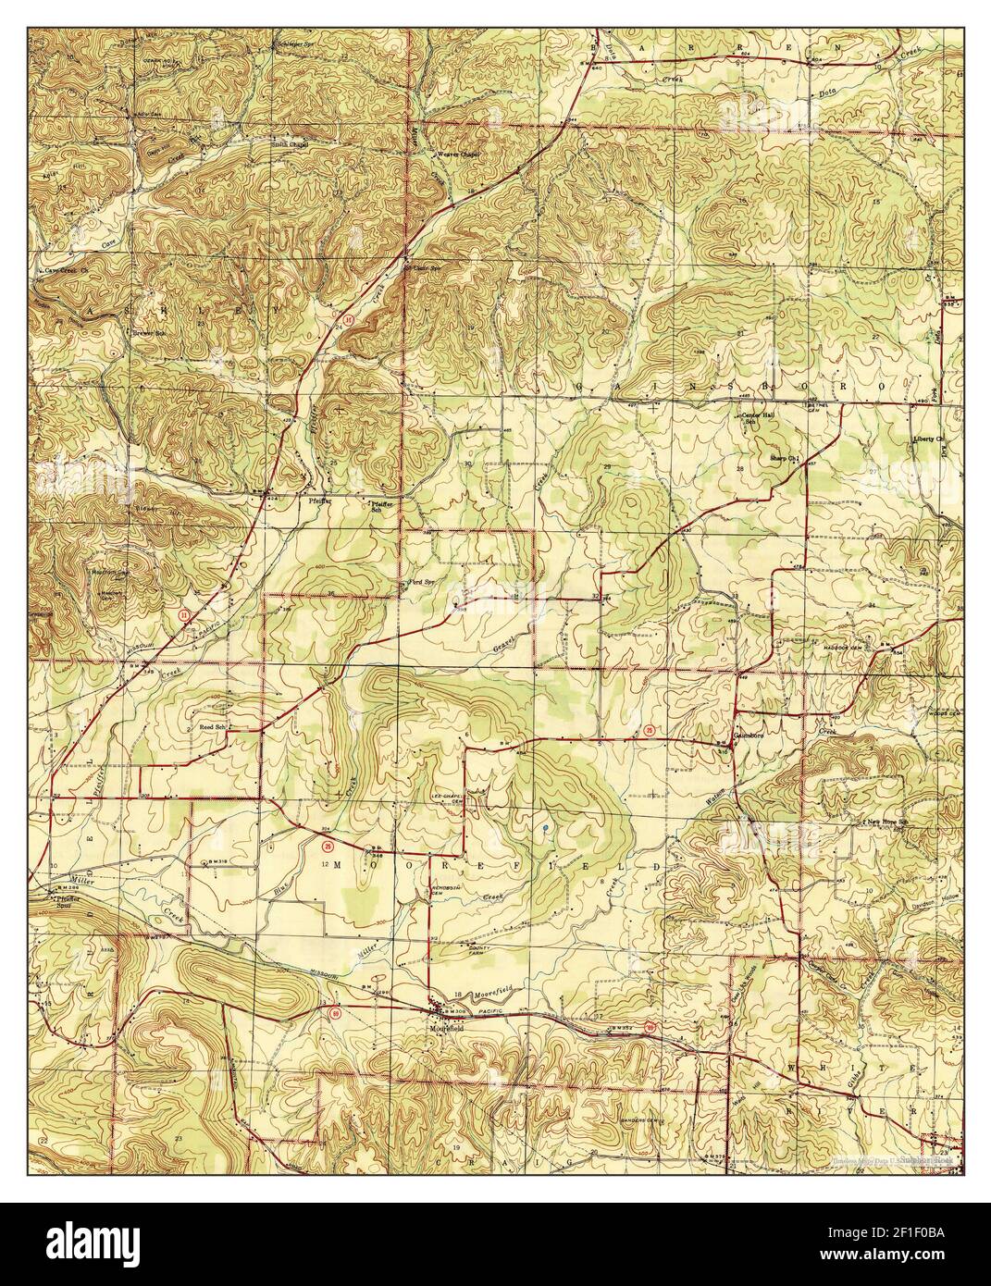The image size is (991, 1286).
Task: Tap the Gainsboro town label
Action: pos(747,737)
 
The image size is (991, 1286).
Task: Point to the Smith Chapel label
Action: pos(289,144)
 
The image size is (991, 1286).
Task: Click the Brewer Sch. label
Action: pos(147,332)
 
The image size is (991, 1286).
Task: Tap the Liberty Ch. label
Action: pos(925,439)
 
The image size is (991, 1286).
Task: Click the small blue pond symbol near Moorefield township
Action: pos(546,826)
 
